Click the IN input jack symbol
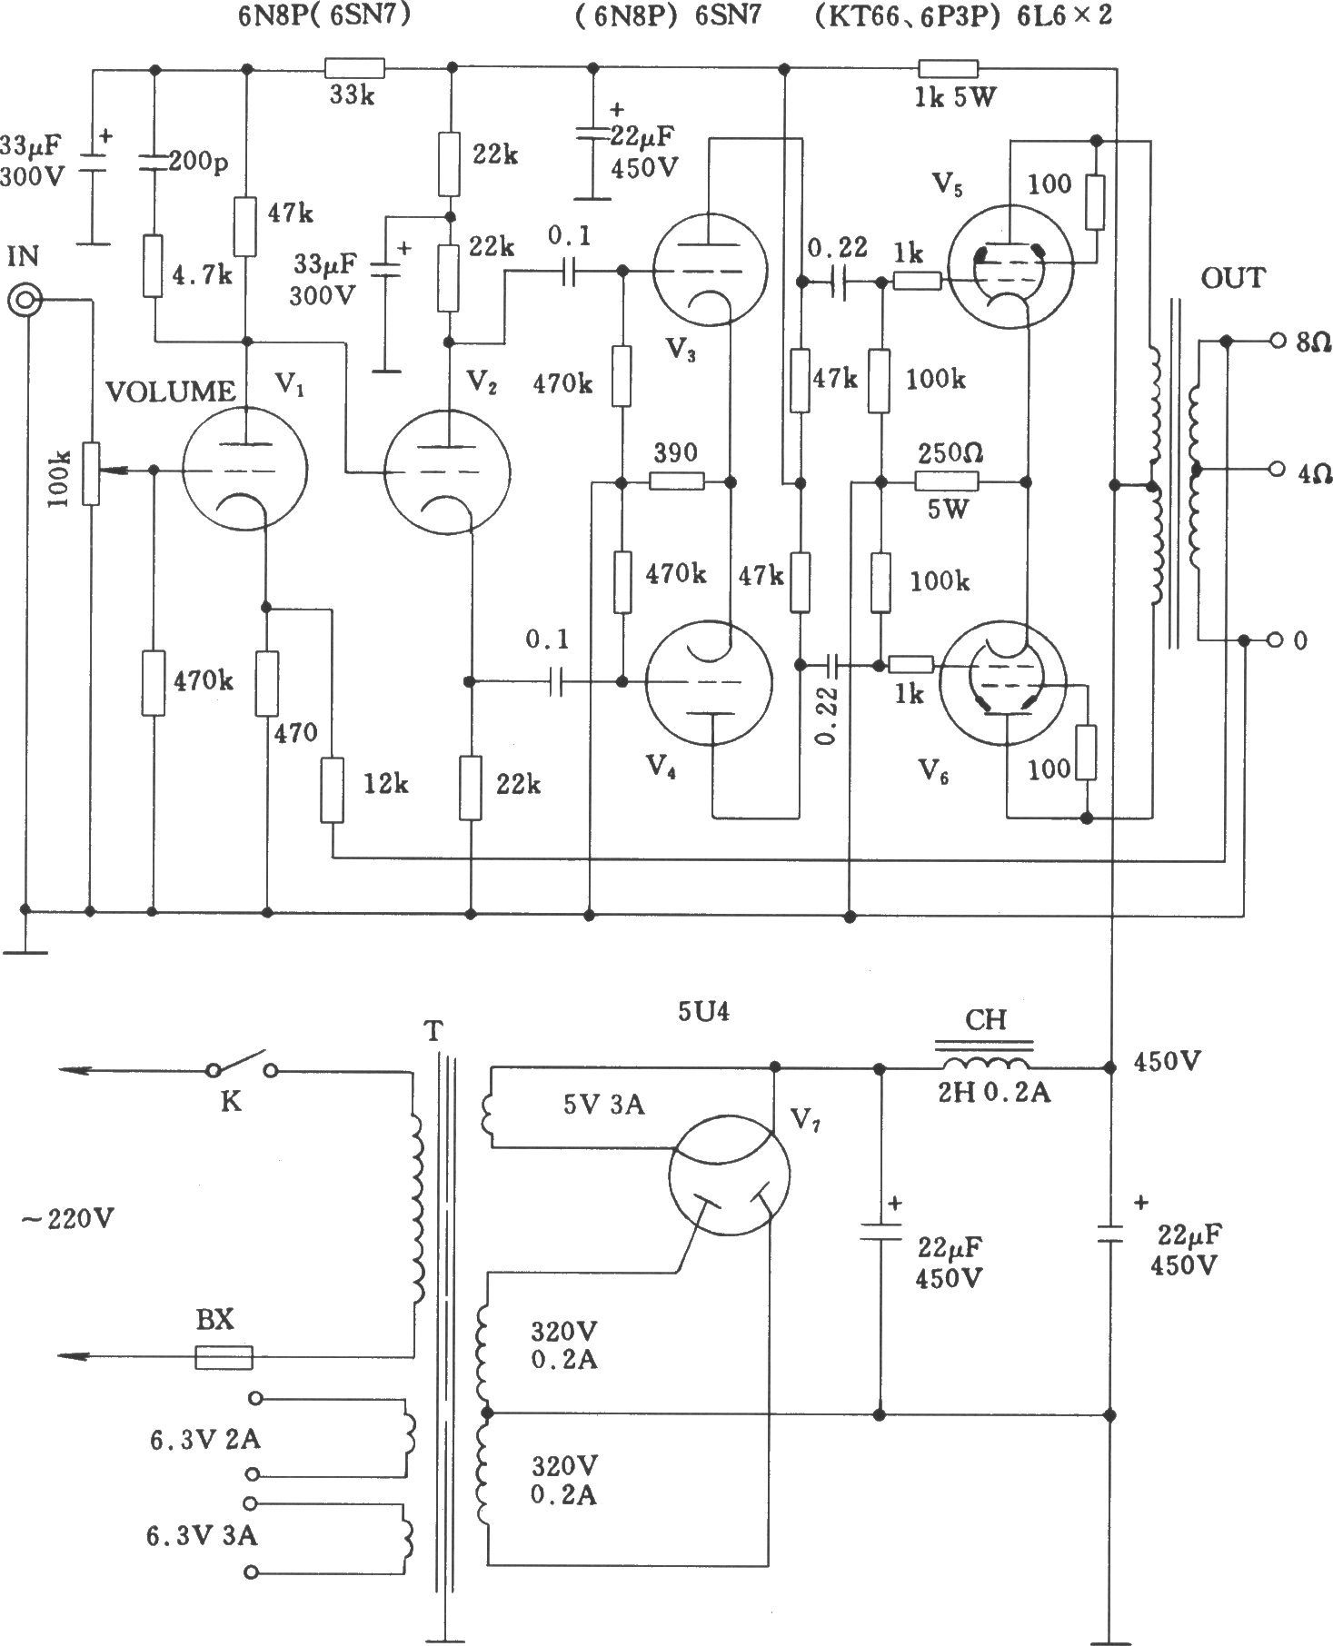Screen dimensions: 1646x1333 pos(25,301)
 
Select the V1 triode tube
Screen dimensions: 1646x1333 pos(244,469)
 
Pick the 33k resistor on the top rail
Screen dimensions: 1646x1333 pos(354,68)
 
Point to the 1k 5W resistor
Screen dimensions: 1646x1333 pos(948,68)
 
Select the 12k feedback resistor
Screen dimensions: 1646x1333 pos(333,790)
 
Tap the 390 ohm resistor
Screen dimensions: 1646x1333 pos(677,481)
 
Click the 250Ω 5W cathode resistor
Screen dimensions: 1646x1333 pos(947,481)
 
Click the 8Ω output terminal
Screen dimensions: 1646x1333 pos(1278,341)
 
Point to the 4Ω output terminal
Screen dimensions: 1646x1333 pos(1278,470)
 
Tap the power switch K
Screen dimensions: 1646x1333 pos(241,1068)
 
